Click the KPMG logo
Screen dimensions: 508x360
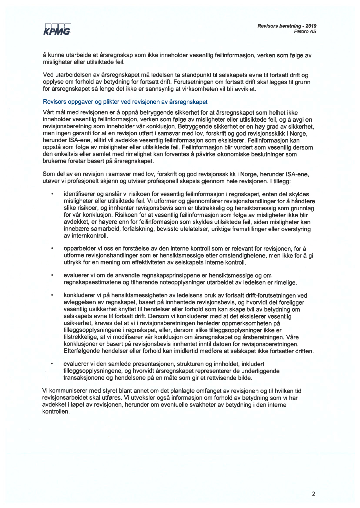57,29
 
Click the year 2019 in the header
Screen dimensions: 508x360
311,26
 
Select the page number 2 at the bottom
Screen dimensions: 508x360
313,494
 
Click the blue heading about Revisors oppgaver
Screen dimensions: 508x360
125,102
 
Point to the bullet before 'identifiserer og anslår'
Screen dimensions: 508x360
52,194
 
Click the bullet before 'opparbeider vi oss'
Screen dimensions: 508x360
52,248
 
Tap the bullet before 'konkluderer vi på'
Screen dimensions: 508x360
52,295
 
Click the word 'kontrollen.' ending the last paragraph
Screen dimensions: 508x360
56,412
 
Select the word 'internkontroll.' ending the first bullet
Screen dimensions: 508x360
86,236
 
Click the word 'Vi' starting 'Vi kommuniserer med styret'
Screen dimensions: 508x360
45,391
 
